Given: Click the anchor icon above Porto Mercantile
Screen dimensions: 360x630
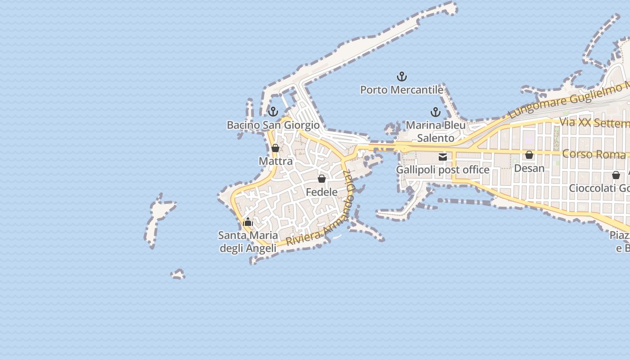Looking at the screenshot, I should [401, 77].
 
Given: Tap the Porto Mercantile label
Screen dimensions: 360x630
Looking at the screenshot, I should [401, 90].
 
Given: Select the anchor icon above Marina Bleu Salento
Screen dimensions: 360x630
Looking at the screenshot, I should [435, 112].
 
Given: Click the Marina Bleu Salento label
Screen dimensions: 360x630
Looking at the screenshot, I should [436, 131].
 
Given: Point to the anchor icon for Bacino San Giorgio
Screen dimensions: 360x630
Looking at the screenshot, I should [273, 112].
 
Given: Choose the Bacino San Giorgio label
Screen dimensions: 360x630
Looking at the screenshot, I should [273, 125].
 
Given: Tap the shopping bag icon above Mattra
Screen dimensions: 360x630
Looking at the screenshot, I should [275, 148].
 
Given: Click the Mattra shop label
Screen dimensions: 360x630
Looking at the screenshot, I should [275, 161].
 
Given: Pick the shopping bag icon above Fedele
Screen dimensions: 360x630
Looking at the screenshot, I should [322, 179].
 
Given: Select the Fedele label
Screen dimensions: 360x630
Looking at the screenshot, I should [322, 192].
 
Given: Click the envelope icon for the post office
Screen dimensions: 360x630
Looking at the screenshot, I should [443, 157].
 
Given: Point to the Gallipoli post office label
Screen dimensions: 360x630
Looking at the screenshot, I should [442, 170].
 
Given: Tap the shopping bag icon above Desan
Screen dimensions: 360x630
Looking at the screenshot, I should [529, 155].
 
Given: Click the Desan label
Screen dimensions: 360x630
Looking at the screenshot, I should [529, 168].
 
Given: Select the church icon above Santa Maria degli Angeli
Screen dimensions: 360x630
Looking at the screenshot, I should [248, 221].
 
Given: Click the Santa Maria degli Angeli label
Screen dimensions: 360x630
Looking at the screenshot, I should [248, 242].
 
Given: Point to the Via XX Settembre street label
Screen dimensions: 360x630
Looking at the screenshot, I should [594, 122].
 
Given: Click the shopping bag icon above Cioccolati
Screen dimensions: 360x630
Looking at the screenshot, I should [616, 175].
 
